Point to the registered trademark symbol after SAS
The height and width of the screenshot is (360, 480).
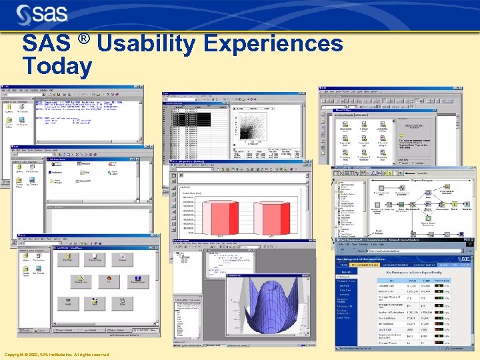83,39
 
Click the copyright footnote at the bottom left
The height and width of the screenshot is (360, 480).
57,355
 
